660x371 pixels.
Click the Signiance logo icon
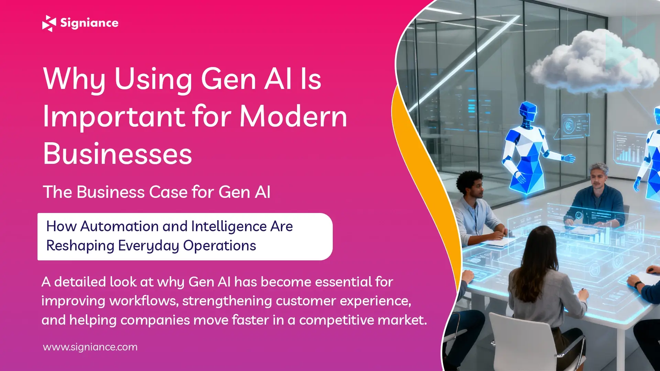pyautogui.click(x=49, y=23)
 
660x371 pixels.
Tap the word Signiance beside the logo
pyautogui.click(x=89, y=23)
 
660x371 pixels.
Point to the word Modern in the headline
pyautogui.click(x=293, y=117)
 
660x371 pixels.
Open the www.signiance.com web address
pyautogui.click(x=90, y=347)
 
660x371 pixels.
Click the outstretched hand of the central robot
pyautogui.click(x=569, y=158)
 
